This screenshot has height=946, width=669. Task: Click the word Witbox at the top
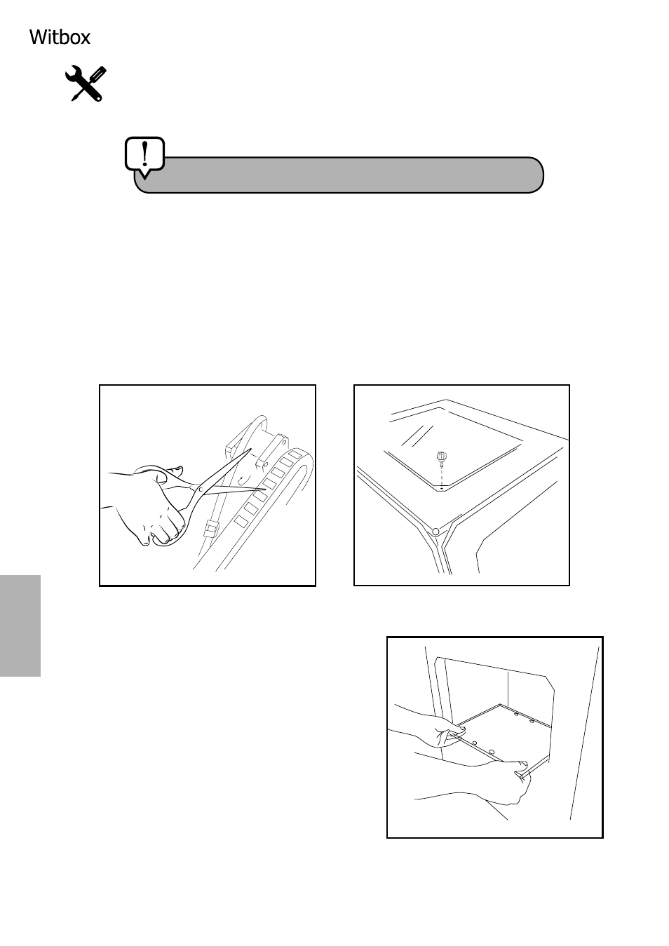(60, 37)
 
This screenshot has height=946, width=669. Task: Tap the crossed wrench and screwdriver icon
(86, 83)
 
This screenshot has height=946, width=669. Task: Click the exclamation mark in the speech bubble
(145, 154)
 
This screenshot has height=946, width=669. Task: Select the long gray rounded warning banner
(339, 175)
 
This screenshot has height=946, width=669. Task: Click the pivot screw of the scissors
(201, 489)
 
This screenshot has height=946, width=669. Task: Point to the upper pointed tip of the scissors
(251, 449)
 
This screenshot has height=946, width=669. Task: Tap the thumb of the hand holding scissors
(173, 470)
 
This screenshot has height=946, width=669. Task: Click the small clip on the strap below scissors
(212, 528)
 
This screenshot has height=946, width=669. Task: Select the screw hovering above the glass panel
(441, 458)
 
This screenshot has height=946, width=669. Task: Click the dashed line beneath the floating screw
(441, 476)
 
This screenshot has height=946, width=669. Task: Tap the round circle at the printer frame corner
(436, 532)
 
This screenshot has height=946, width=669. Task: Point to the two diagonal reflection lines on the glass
(417, 436)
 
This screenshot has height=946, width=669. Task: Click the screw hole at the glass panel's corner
(441, 489)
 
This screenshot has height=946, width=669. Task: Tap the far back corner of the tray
(501, 705)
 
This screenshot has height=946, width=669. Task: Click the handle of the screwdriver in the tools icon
(98, 74)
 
